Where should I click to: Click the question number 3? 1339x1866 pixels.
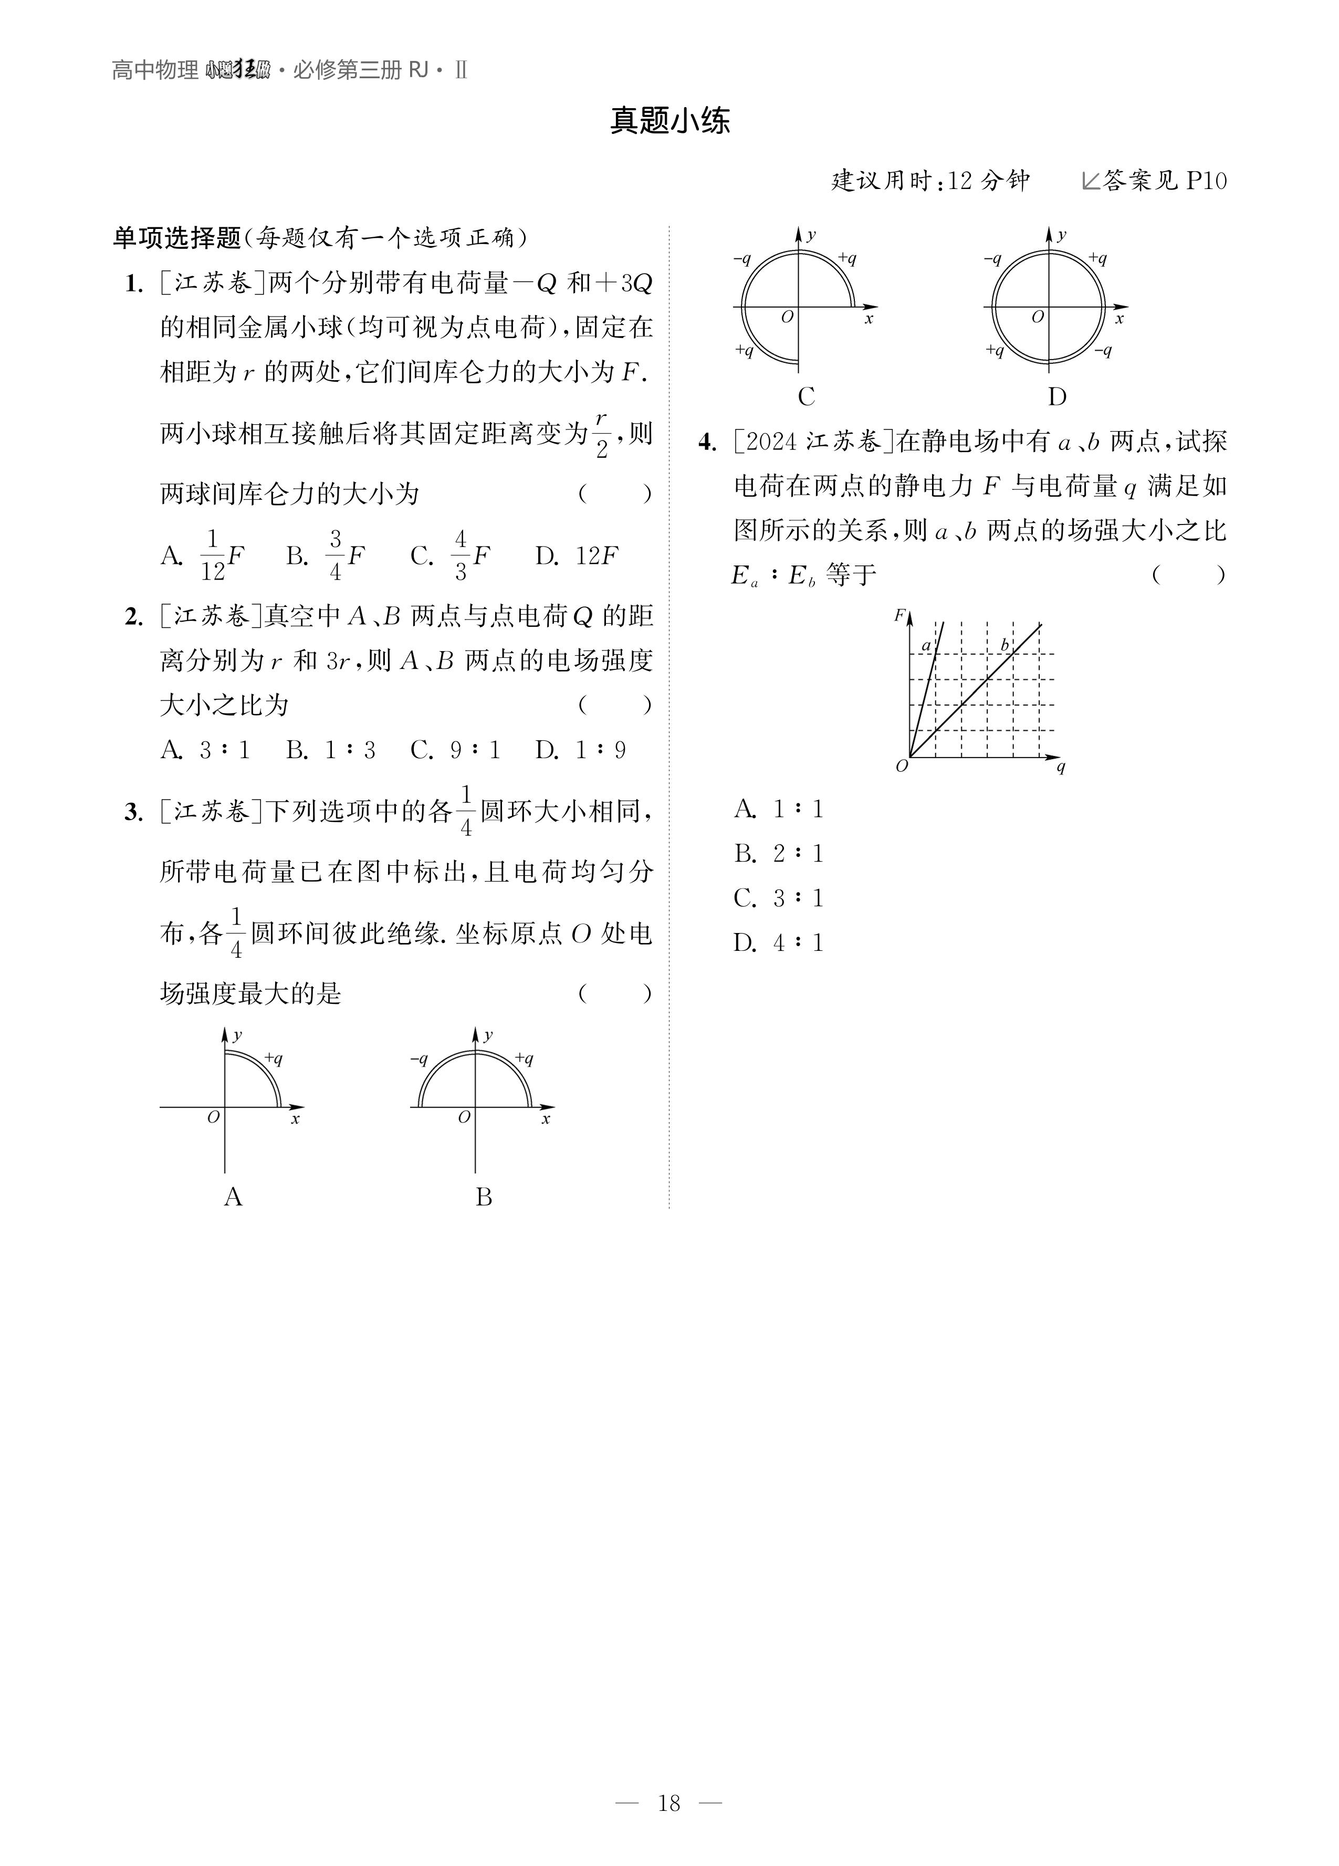click(x=133, y=813)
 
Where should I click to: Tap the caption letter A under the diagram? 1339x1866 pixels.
click(x=233, y=1197)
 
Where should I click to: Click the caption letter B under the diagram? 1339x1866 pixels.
click(x=484, y=1197)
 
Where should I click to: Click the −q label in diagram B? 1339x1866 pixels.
click(x=420, y=1059)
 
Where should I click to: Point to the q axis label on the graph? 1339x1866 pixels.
click(x=1061, y=767)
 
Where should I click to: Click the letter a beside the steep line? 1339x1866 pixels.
click(x=926, y=646)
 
